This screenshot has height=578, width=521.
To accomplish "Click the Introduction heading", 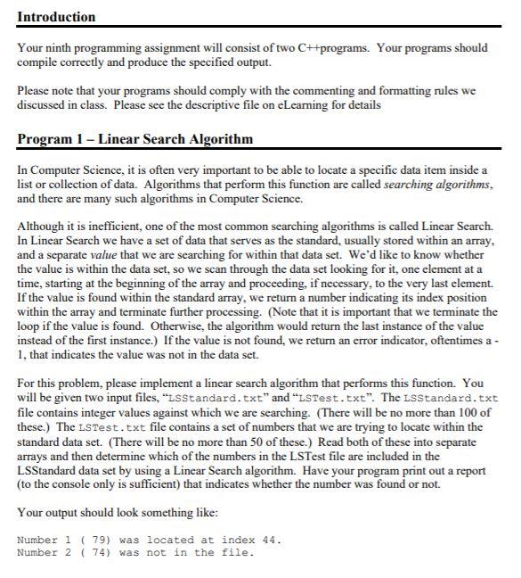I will [55, 17].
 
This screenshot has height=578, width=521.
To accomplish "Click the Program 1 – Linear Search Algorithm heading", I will [134, 138].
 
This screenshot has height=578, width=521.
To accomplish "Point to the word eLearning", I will [325, 104].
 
